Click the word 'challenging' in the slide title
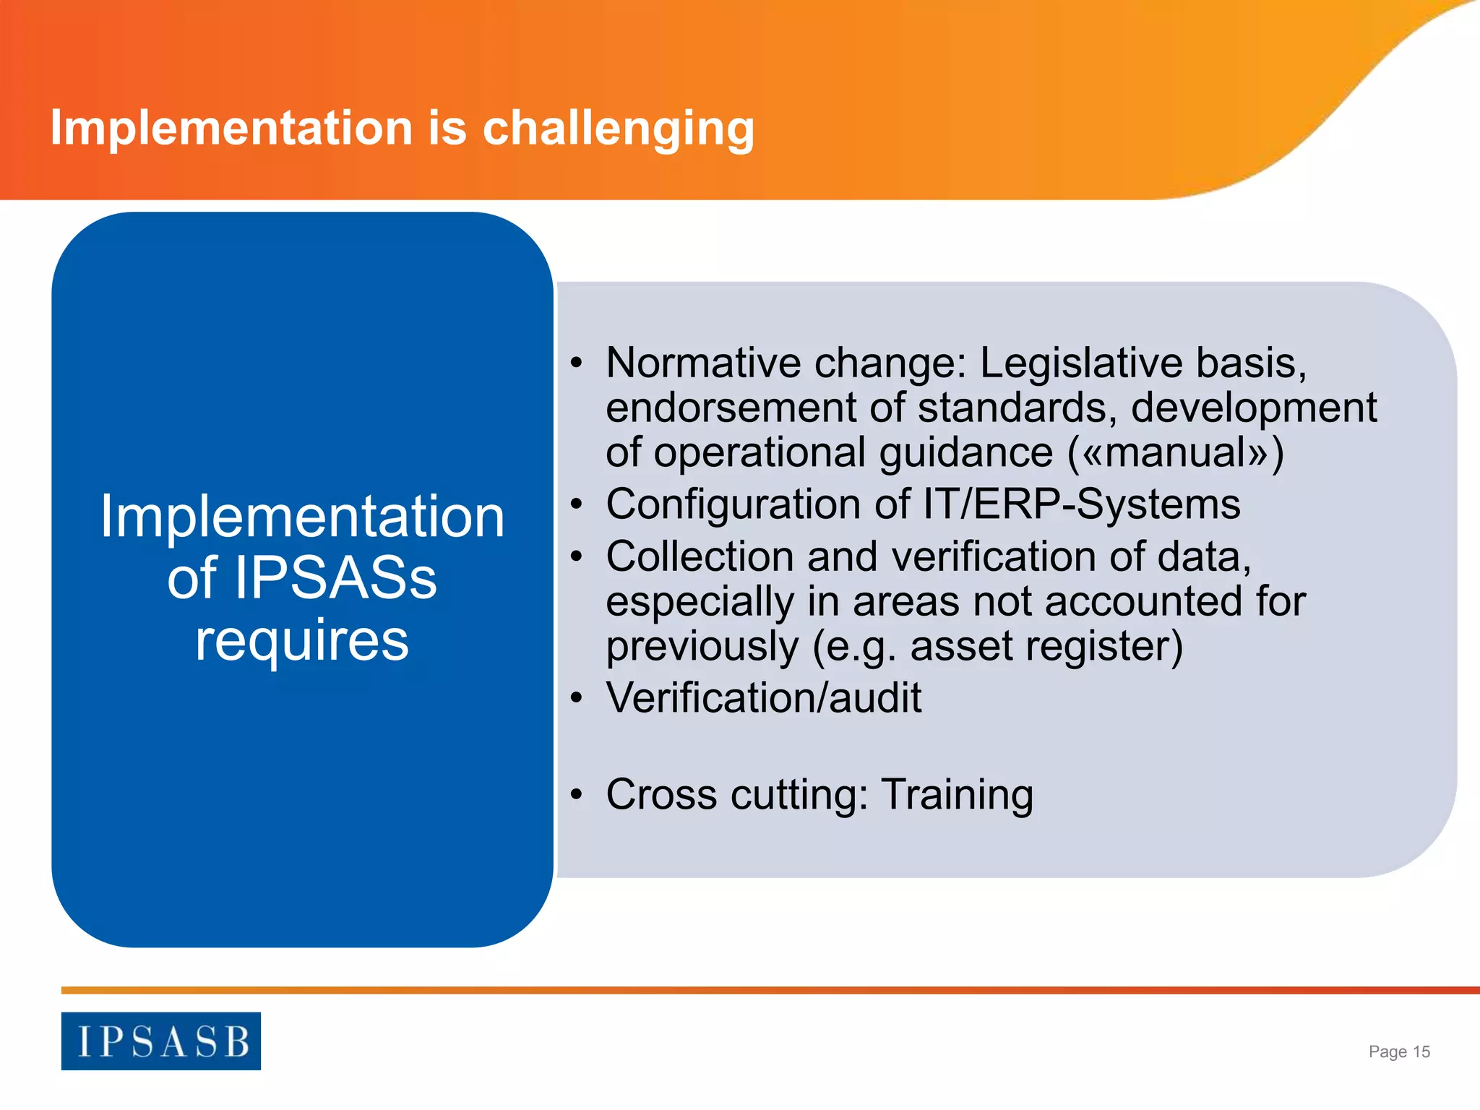click(618, 129)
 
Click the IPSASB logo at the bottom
click(160, 1041)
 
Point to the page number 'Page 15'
click(1399, 1051)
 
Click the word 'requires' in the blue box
click(302, 640)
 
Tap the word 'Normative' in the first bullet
click(703, 363)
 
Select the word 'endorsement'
click(730, 408)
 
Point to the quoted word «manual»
click(1176, 453)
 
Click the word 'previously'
click(702, 646)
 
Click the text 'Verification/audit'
click(764, 698)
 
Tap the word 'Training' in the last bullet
click(958, 795)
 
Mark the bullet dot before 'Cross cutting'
click(576, 795)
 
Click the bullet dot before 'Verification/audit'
click(576, 698)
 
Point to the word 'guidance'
click(966, 453)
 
